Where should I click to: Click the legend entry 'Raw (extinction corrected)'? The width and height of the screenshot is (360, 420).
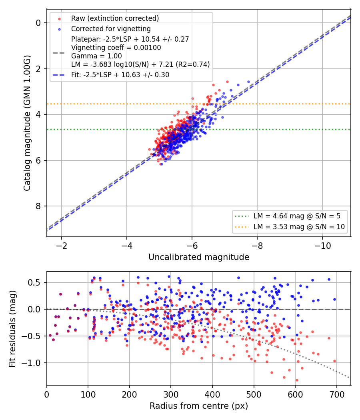(115, 18)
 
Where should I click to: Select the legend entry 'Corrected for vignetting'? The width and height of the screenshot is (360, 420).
(111, 29)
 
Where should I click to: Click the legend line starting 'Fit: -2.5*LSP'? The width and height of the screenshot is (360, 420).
(120, 75)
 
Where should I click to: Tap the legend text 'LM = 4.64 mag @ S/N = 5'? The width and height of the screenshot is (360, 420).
(297, 216)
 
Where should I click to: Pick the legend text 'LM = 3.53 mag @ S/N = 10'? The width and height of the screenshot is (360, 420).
(299, 227)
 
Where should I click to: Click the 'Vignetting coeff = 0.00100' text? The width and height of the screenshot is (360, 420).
(116, 48)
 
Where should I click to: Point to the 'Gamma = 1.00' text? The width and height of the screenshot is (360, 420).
(96, 56)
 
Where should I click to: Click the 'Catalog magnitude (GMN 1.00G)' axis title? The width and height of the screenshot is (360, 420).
(27, 123)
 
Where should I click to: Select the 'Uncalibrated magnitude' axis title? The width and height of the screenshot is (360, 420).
(199, 257)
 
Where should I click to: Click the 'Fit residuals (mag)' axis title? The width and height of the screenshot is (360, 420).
(12, 329)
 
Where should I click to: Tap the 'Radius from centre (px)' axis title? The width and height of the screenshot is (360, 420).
(199, 406)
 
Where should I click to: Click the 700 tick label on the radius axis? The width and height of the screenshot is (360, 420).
(336, 394)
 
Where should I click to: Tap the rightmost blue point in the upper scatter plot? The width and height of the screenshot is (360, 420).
(248, 82)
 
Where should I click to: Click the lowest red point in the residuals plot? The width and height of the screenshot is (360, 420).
(297, 380)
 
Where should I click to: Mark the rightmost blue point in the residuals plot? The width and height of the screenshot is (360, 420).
(334, 300)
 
